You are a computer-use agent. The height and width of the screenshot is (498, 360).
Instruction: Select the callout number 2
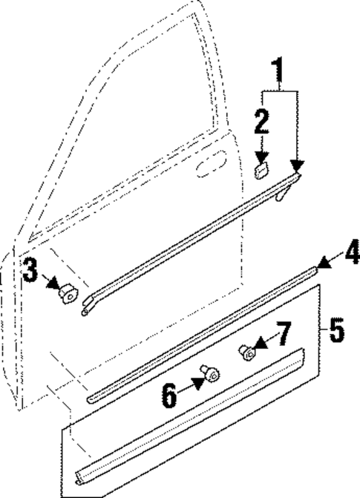coord(261,122)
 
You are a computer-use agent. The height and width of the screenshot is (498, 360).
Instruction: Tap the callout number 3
coord(30,272)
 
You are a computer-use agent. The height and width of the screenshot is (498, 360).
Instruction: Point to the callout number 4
coord(352,254)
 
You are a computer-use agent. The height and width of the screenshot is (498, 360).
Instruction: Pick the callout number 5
coord(338,330)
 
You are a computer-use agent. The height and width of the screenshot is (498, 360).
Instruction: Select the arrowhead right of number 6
coord(199,382)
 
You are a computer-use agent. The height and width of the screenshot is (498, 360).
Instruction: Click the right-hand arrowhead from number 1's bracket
coord(298,171)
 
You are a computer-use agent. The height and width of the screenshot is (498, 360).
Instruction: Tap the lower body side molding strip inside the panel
coord(193,424)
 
